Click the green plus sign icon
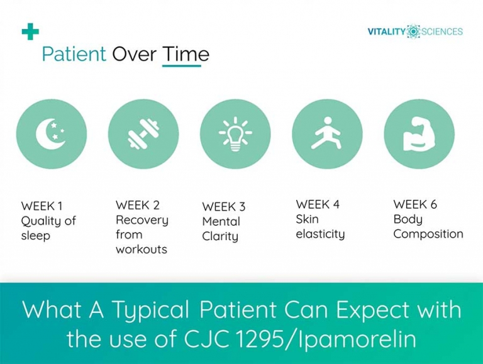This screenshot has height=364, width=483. coord(30,31)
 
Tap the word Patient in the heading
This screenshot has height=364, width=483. coord(74,54)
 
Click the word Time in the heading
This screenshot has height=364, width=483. coord(186,54)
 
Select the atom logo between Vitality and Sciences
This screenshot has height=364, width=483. coord(414,31)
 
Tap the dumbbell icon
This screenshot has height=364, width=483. coord(143,134)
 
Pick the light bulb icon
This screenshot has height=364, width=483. coord(235,135)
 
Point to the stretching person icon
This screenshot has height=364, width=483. coord(327,133)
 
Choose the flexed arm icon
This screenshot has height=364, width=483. coord(419,134)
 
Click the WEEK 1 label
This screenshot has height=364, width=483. coord(42,206)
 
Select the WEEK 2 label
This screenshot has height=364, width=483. coord(138,205)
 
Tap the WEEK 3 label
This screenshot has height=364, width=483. coord(224,207)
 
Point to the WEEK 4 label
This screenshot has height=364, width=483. coord(318,204)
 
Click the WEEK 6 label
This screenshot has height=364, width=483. coord(415,204)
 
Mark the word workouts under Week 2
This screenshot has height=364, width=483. coord(142,250)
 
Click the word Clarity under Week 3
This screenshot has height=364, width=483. coord(220,236)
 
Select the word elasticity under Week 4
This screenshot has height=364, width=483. coord(320,234)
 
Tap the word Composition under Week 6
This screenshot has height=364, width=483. coord(428,234)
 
